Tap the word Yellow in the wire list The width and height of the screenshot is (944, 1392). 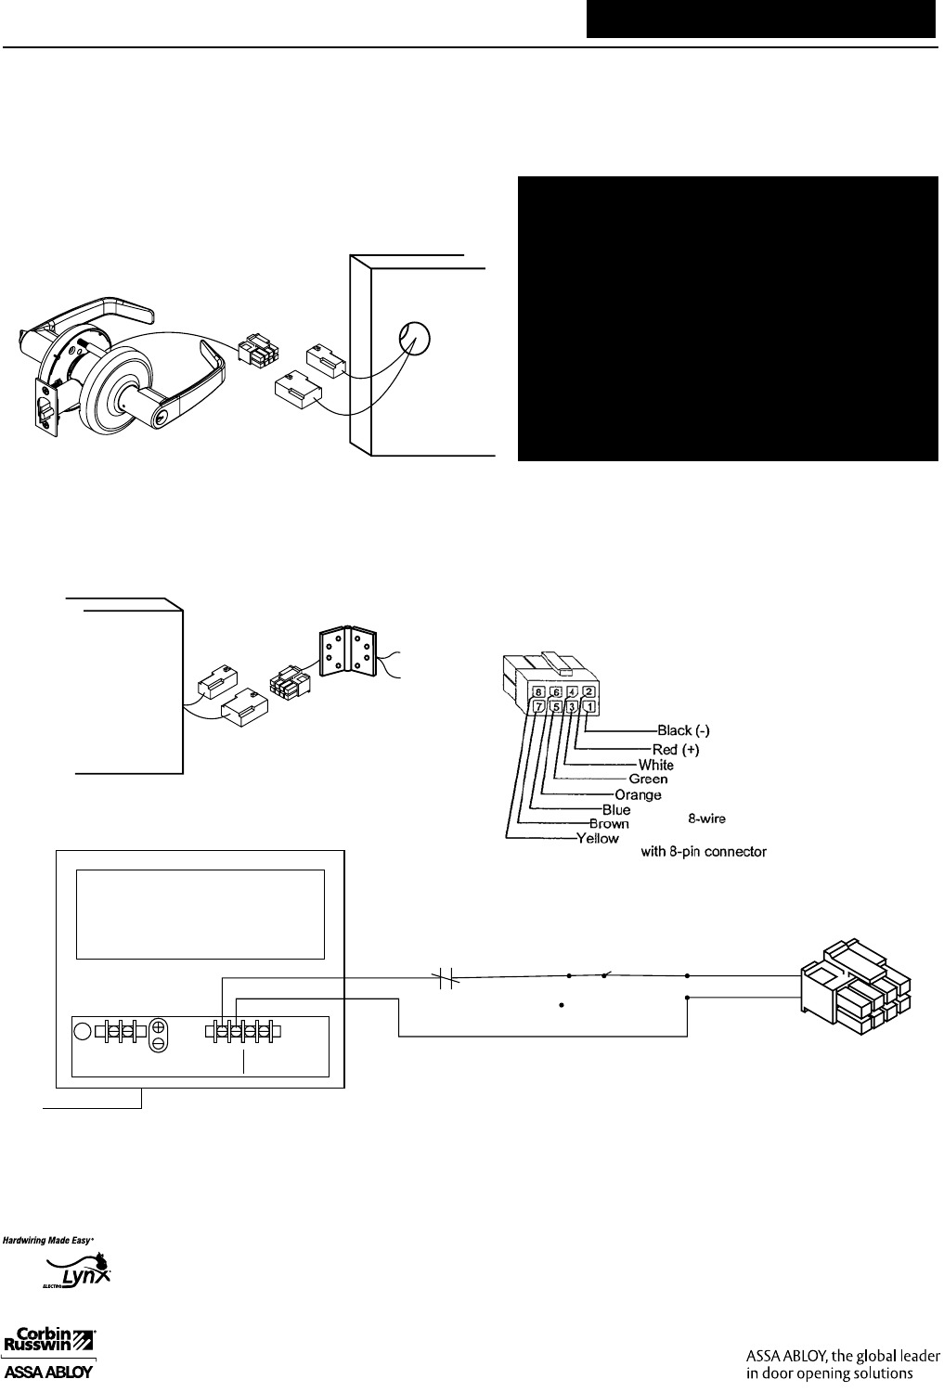(x=598, y=839)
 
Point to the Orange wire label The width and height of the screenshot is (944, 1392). (x=638, y=795)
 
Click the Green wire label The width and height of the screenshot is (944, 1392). (x=648, y=780)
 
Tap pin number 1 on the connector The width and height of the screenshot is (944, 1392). (x=589, y=707)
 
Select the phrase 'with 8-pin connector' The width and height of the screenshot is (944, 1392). (x=704, y=851)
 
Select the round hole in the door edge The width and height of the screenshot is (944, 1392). (x=414, y=340)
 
